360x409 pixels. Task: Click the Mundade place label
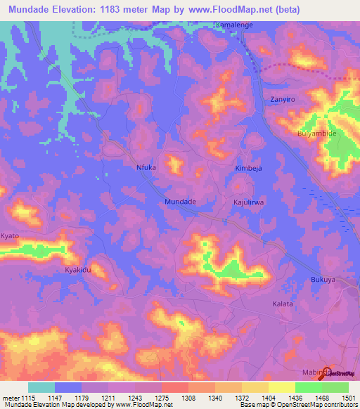click(x=179, y=201)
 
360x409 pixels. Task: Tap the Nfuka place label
click(x=146, y=168)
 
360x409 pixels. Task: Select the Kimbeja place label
click(x=247, y=169)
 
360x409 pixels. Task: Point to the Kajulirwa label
click(x=247, y=202)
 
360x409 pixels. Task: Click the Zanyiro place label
click(x=283, y=100)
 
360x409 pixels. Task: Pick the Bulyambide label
click(x=318, y=133)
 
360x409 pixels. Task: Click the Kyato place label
click(x=10, y=235)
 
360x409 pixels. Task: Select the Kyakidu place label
click(x=78, y=270)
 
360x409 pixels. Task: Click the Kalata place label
click(x=282, y=304)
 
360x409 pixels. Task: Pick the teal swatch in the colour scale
click(x=41, y=387)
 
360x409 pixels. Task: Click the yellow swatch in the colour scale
click(x=282, y=387)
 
